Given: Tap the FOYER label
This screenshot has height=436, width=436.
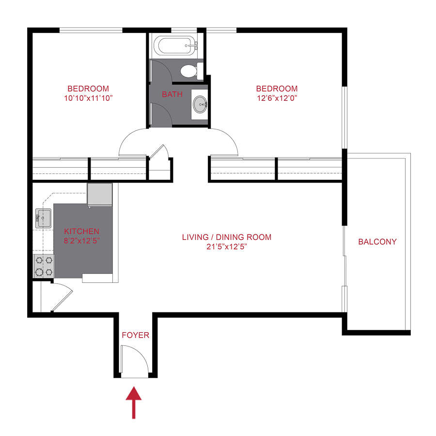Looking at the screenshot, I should [135, 335].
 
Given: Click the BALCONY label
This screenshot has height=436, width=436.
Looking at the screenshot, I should [377, 242].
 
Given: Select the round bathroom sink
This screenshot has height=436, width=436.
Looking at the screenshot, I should [200, 104].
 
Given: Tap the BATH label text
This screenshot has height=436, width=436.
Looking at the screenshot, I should [172, 94].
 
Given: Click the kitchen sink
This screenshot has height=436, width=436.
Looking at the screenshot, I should [43, 218].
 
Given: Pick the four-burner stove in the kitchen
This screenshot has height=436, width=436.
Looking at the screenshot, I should [44, 266].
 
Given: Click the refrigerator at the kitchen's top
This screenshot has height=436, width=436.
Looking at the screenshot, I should [100, 194].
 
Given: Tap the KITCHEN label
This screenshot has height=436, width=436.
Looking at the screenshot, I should [82, 232].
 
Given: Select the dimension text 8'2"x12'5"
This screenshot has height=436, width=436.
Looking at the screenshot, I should [82, 240].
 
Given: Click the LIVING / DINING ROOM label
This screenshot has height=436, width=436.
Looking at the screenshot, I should [227, 237].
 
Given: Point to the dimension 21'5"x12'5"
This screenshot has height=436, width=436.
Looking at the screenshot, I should [227, 246].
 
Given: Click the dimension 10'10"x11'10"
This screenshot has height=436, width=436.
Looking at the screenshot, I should [88, 98].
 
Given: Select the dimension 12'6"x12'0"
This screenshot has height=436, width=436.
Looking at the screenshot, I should [277, 98].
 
